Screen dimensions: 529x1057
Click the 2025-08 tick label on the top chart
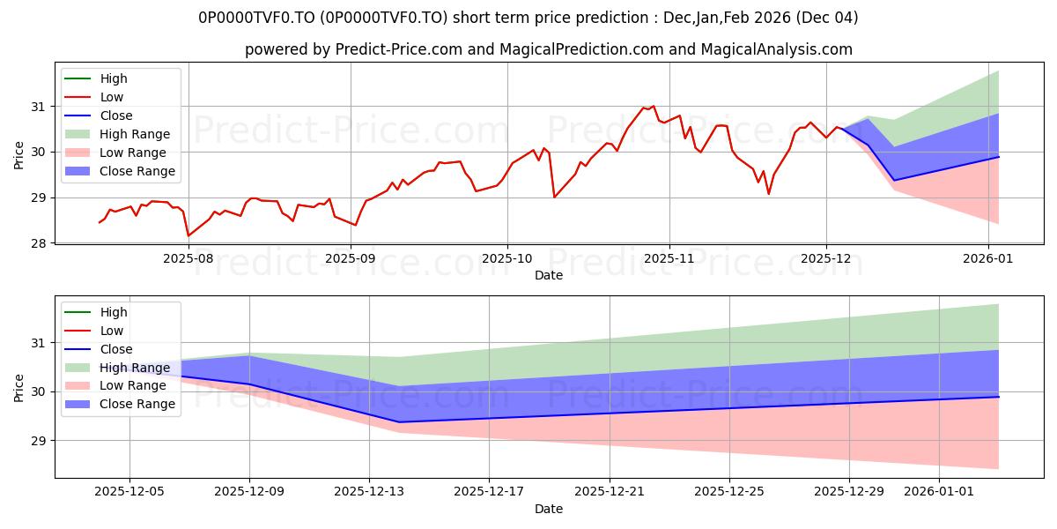(188, 258)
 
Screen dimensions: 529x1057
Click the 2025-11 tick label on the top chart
(669, 258)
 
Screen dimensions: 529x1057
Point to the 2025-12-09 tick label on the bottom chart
(249, 492)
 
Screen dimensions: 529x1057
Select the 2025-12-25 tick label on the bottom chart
(729, 492)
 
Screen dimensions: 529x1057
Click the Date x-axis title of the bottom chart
(548, 509)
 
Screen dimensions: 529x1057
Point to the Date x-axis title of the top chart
(548, 275)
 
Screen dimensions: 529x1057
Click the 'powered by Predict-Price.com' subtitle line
(548, 49)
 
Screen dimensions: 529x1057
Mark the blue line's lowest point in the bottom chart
(399, 422)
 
